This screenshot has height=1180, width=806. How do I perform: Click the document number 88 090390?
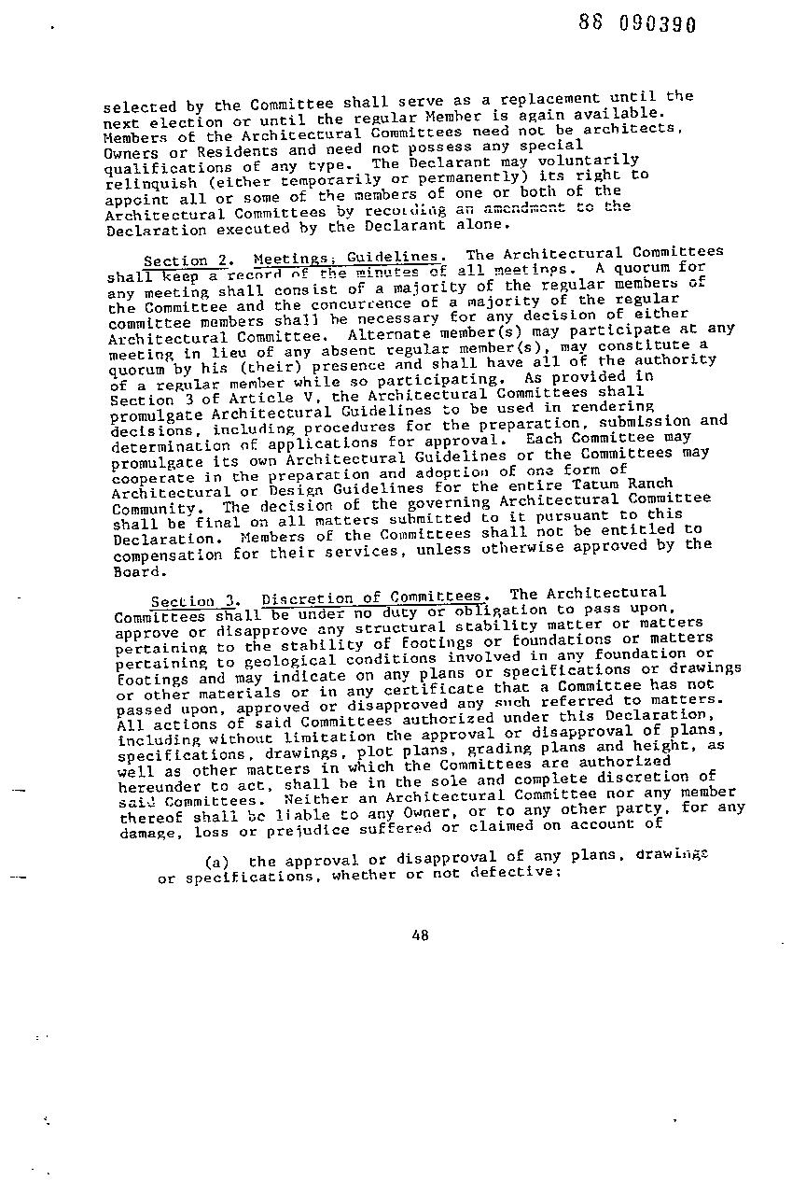point(637,24)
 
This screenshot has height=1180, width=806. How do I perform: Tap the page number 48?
point(420,936)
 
